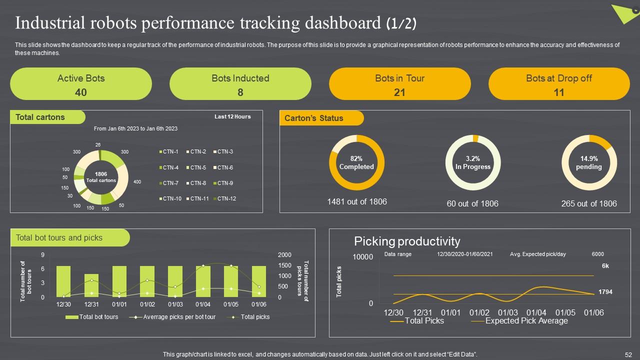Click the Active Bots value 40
[x=80, y=92]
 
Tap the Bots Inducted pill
[x=240, y=84]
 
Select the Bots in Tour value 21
[x=399, y=92]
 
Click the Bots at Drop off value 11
[x=559, y=92]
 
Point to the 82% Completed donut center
[x=356, y=163]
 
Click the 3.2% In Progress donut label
[x=472, y=163]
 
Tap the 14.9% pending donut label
[x=589, y=163]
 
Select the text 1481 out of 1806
[x=356, y=201]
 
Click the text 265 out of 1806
[x=589, y=203]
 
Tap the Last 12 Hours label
[x=232, y=116]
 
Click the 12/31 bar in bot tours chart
[x=91, y=285]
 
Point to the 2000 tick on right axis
[x=284, y=255]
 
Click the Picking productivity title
[x=407, y=241]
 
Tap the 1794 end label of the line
[x=605, y=291]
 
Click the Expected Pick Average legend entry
[x=526, y=321]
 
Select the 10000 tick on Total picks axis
[x=363, y=257]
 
